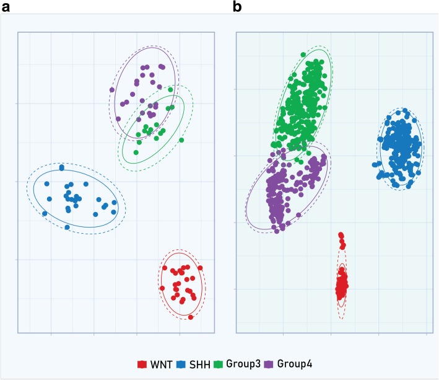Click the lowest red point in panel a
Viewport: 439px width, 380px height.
(191, 317)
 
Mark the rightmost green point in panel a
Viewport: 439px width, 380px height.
(181, 140)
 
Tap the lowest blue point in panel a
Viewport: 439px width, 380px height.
(67, 228)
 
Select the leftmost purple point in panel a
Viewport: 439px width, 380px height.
(112, 91)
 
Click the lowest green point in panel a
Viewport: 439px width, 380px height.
(136, 152)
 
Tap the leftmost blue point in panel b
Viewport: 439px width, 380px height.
(375, 165)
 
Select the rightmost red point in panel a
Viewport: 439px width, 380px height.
(200, 268)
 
